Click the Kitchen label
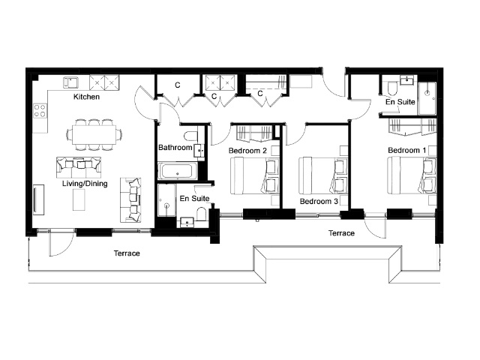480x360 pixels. [87, 97]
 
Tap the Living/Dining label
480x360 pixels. [85, 184]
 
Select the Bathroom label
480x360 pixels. [175, 148]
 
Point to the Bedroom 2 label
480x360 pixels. [247, 151]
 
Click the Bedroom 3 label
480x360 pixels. [319, 202]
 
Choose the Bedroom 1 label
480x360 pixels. [407, 150]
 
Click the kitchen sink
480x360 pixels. [71, 82]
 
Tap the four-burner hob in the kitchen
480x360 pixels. [40, 110]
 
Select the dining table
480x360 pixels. [94, 135]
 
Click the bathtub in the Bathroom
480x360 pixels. [178, 171]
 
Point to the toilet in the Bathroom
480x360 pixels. [192, 136]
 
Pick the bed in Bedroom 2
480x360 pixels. [255, 175]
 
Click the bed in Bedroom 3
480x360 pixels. [323, 175]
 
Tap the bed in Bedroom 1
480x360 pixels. [412, 175]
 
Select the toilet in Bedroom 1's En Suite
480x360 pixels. [392, 89]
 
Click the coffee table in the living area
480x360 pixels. [79, 199]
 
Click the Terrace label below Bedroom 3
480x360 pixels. [342, 233]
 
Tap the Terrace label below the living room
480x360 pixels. [127, 253]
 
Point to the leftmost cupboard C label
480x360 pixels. [178, 85]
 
